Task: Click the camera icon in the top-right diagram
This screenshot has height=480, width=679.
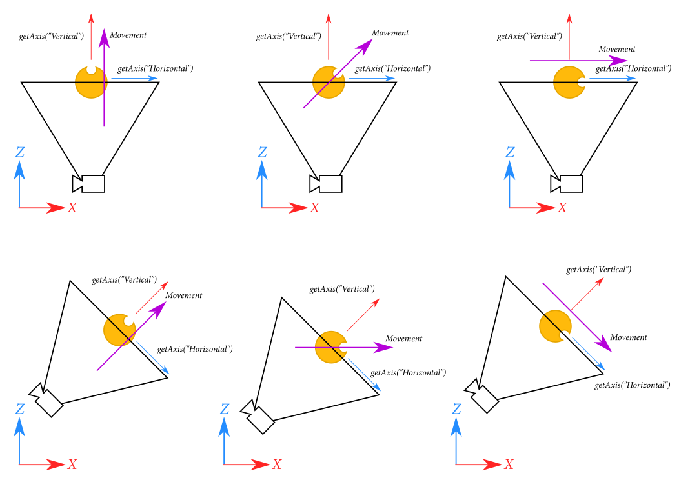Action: pos(567,184)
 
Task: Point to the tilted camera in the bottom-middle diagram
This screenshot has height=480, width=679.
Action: pos(259,419)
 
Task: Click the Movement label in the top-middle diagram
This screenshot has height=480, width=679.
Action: pos(390,33)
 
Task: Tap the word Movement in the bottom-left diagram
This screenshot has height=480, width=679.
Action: pos(184,295)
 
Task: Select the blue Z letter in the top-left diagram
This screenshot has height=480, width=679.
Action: pos(20,152)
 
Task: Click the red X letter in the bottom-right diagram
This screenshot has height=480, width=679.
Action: pos(509,464)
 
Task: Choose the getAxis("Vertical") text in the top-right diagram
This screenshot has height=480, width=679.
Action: pos(529,36)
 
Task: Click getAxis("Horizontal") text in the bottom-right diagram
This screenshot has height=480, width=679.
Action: pos(632,385)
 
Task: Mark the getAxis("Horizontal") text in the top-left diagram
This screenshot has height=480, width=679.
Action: pos(155,68)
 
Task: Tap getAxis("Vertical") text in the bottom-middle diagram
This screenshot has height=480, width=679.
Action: pos(342,289)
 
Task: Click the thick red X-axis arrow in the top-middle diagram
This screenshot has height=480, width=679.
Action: pos(285,208)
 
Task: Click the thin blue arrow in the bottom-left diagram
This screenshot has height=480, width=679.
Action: pos(153,357)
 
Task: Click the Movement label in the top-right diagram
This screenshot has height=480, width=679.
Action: pos(617,49)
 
